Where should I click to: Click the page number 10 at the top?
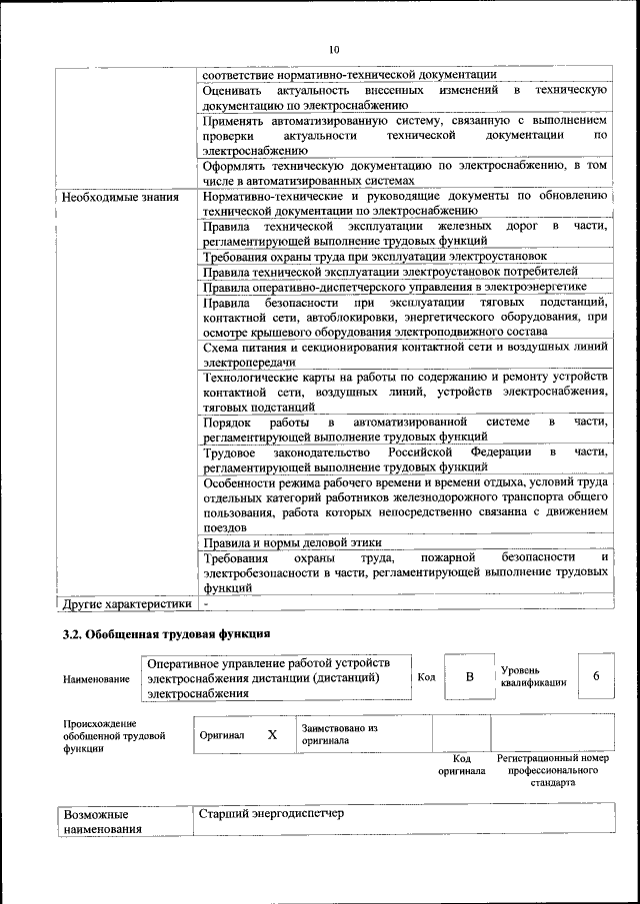(x=334, y=49)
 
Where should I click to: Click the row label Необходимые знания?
(x=120, y=197)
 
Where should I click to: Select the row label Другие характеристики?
(x=126, y=603)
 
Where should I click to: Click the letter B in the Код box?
(x=469, y=677)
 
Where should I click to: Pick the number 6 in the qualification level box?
(x=596, y=676)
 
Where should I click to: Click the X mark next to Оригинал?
(x=272, y=734)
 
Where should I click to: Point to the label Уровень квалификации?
(x=534, y=676)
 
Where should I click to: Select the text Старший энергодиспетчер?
(x=272, y=813)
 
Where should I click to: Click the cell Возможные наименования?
(x=102, y=821)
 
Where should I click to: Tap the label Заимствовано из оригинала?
(x=339, y=735)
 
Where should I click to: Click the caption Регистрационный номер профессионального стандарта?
(x=553, y=770)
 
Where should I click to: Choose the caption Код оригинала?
(x=461, y=764)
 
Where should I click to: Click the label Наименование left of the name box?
(x=96, y=679)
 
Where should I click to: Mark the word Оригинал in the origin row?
(x=222, y=735)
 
